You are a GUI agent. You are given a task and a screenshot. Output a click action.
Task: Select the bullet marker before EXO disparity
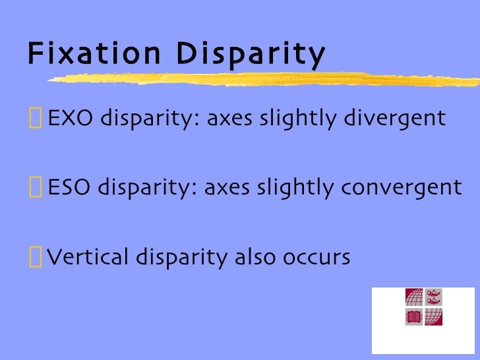click(34, 120)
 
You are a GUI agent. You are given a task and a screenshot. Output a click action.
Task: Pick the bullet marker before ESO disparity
click(34, 189)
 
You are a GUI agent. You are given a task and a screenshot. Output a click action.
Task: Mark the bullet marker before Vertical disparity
click(34, 256)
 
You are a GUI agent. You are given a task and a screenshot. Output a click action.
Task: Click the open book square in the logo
click(413, 317)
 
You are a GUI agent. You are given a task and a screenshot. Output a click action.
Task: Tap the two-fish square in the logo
click(433, 297)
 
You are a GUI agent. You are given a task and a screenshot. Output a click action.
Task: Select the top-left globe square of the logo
click(413, 297)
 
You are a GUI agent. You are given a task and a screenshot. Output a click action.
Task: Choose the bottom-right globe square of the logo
click(433, 317)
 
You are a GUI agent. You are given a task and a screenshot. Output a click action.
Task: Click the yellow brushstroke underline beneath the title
click(264, 79)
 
